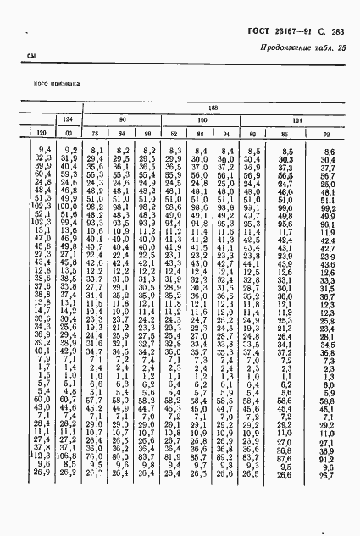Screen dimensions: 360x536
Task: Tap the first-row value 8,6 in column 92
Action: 328,150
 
